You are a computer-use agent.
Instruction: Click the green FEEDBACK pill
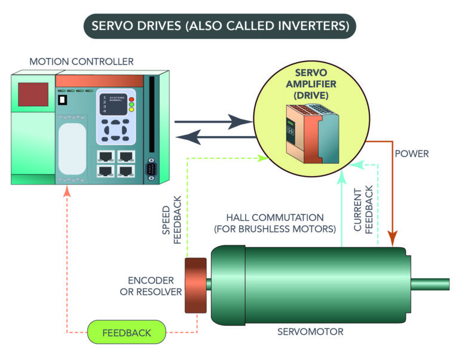[126, 332]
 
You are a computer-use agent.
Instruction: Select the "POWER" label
[412, 153]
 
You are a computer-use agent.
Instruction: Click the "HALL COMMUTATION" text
[275, 223]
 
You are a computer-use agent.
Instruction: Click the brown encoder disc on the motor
[195, 285]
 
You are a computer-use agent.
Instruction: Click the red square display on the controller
[33, 95]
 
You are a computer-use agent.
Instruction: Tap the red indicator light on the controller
[131, 99]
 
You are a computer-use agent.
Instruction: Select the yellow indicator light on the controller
[131, 110]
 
